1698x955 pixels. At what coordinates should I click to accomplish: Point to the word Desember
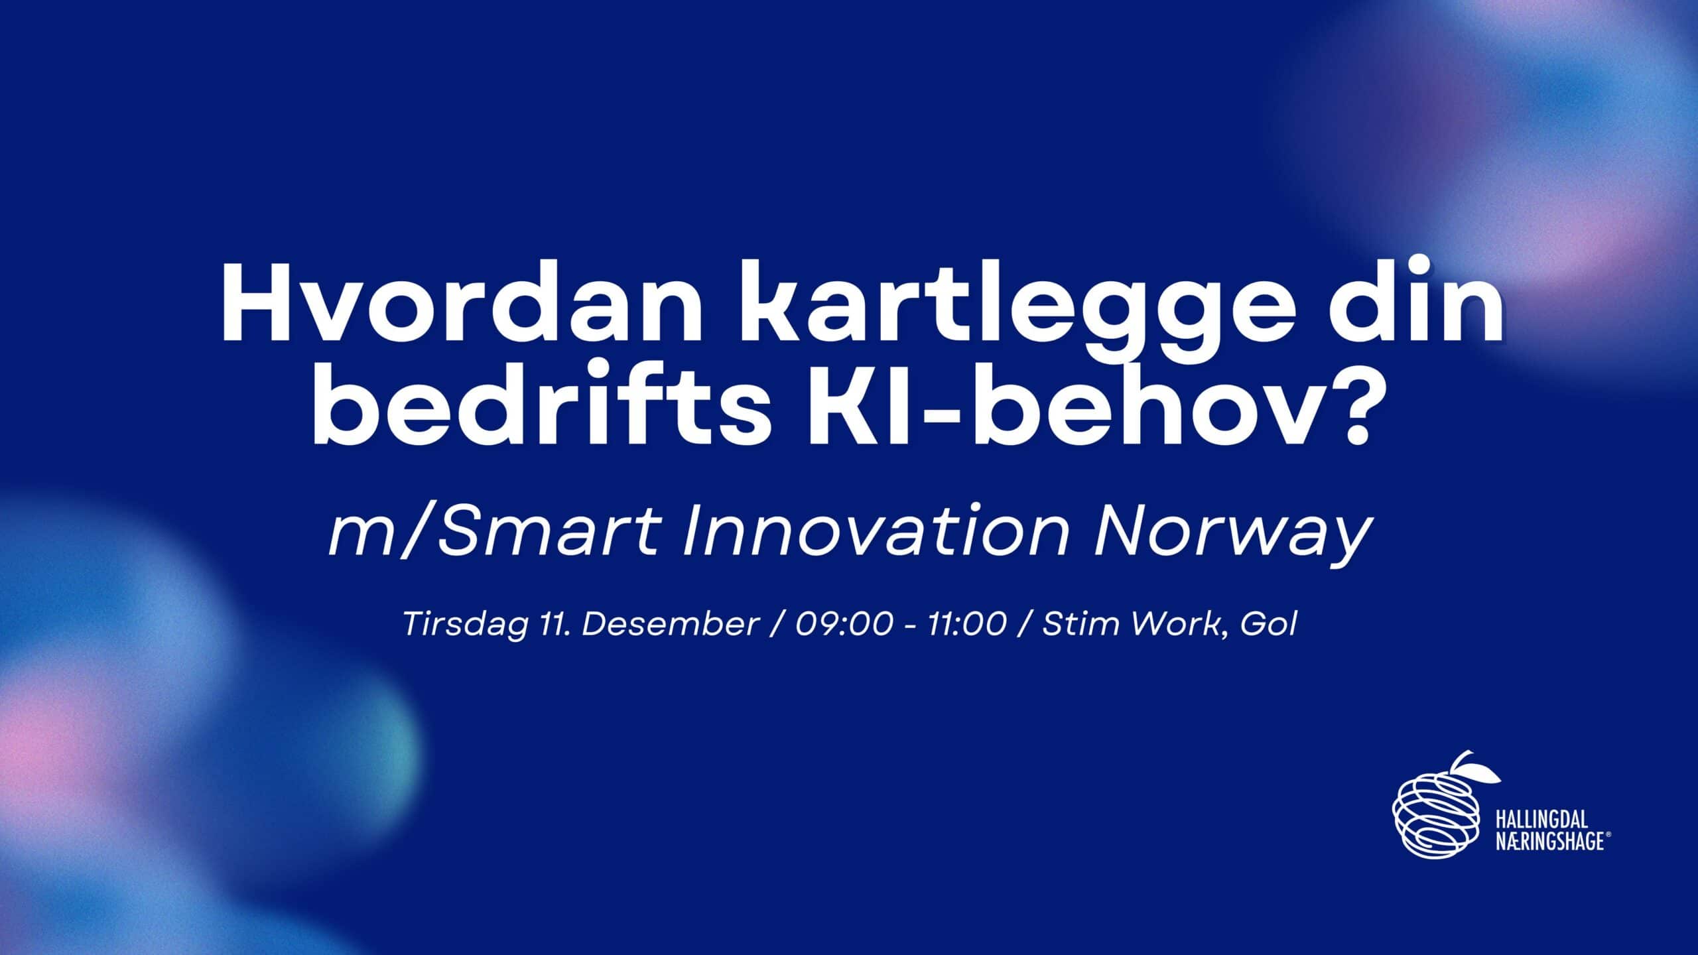[671, 624]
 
